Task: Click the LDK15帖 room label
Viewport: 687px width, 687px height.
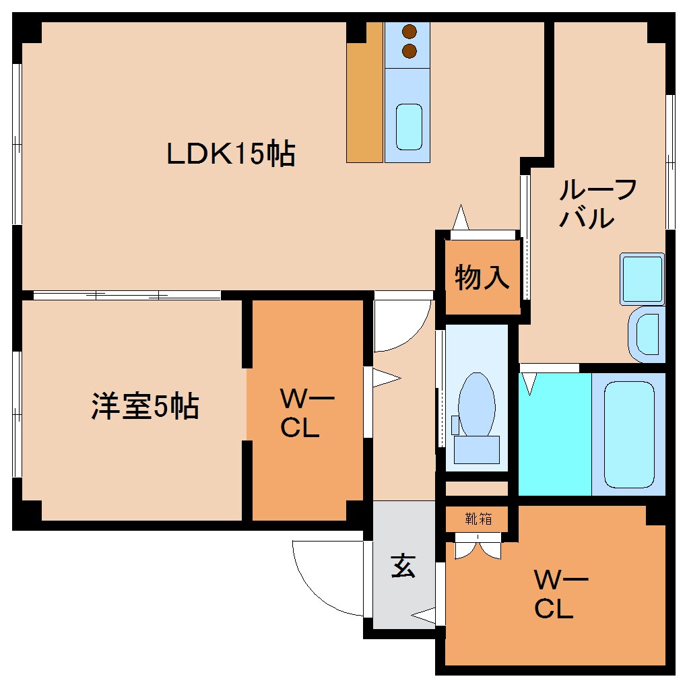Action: point(231,154)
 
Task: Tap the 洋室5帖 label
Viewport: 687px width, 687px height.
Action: point(145,407)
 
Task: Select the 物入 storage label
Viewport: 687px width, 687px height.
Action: point(482,277)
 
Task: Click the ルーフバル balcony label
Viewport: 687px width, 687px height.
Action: point(597,204)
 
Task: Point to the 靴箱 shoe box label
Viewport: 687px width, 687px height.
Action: point(478,519)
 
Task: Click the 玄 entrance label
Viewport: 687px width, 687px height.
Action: point(403,566)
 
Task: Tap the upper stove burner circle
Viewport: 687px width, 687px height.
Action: point(409,31)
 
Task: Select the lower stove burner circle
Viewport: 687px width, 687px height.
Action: point(409,50)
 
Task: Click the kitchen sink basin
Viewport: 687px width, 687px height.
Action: point(408,127)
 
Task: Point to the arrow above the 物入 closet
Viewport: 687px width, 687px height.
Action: point(461,217)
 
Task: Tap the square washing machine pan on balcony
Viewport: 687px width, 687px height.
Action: point(642,278)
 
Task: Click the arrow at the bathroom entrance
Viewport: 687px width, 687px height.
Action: point(530,383)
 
